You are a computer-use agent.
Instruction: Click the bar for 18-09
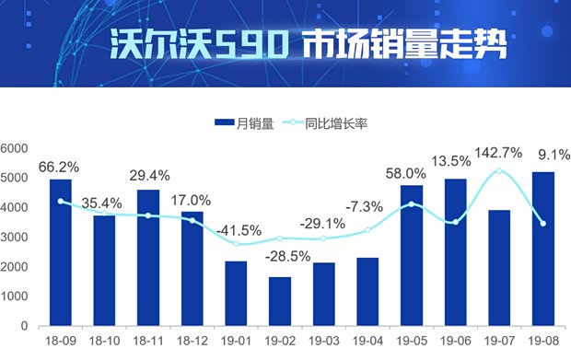[x=61, y=252]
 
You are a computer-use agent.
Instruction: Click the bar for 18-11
[x=148, y=258]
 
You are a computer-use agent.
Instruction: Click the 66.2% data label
[x=59, y=168]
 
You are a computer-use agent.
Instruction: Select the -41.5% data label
[x=238, y=230]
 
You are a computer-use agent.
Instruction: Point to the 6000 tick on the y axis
[x=15, y=148]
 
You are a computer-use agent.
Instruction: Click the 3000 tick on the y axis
[x=15, y=238]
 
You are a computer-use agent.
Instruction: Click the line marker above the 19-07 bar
[x=499, y=171]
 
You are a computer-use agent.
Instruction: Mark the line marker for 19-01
[x=236, y=244]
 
